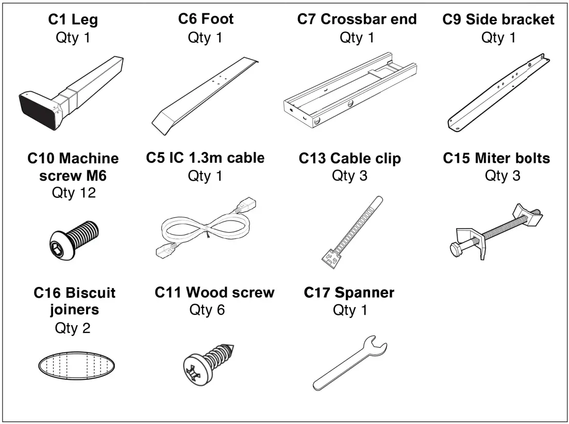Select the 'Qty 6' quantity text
[207, 311]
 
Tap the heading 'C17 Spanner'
[349, 293]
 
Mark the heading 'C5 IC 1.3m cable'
[205, 158]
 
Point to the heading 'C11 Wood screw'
[214, 293]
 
